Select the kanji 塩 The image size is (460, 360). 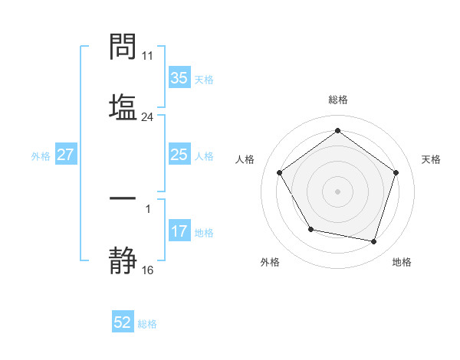pyautogui.click(x=123, y=106)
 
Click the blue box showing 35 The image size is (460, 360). pyautogui.click(x=179, y=78)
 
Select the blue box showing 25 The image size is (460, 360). pyautogui.click(x=179, y=155)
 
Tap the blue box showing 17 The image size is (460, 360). pyautogui.click(x=179, y=231)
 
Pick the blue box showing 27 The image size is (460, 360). pyautogui.click(x=65, y=155)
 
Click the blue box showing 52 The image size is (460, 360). pyautogui.click(x=123, y=323)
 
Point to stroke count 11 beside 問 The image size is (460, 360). pyautogui.click(x=147, y=56)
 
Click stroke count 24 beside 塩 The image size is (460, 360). pyautogui.click(x=147, y=117)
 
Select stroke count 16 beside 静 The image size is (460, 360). pyautogui.click(x=147, y=270)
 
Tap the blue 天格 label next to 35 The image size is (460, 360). pyautogui.click(x=204, y=79)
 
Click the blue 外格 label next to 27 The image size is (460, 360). pyautogui.click(x=41, y=155)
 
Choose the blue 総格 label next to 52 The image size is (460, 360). pyautogui.click(x=147, y=324)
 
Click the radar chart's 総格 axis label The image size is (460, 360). pyautogui.click(x=337, y=100)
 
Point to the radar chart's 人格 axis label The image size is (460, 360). pyautogui.click(x=245, y=159)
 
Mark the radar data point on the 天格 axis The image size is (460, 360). pyautogui.click(x=396, y=172)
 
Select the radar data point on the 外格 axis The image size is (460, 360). pyautogui.click(x=310, y=229)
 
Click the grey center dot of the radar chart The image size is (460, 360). pyautogui.click(x=337, y=191)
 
